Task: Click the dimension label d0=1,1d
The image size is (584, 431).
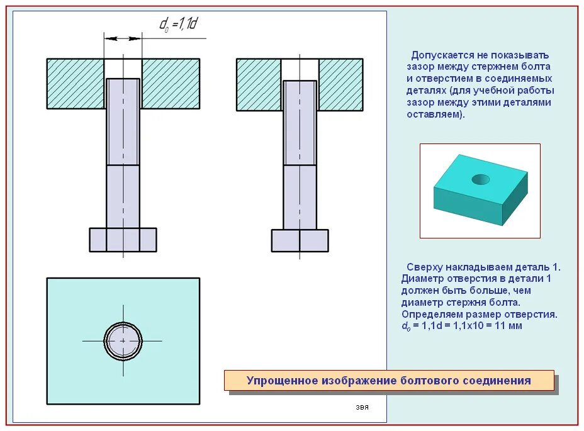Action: pos(178,25)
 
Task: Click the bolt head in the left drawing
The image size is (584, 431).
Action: pos(123,240)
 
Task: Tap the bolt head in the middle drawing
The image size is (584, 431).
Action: pos(300,240)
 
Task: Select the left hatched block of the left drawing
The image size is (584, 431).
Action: pos(76,83)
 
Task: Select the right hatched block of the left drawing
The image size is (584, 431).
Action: pos(171,83)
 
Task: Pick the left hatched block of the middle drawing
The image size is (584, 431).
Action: pos(258,84)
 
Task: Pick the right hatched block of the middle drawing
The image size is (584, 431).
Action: pos(340,84)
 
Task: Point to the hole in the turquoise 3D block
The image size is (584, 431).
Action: pos(481,179)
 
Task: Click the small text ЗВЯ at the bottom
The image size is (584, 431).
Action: pos(362,408)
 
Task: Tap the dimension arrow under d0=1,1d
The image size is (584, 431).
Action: pos(123,38)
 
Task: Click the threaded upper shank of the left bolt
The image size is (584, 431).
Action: pos(123,121)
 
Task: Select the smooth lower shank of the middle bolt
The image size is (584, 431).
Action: pos(300,197)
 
